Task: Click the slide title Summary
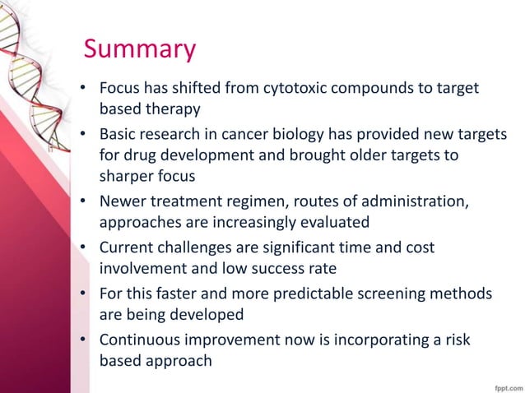click(140, 49)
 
